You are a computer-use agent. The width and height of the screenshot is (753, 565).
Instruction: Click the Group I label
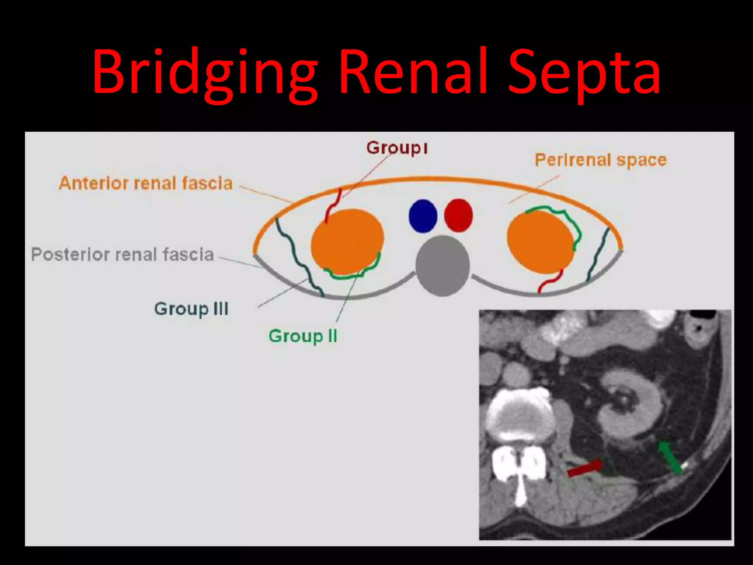point(397,148)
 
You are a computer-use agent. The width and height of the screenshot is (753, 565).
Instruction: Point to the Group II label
point(303,336)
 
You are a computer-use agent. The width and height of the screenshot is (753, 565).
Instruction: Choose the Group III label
point(191,309)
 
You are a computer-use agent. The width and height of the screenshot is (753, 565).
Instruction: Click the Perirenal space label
point(600,160)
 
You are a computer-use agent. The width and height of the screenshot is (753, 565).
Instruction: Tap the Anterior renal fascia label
point(146,183)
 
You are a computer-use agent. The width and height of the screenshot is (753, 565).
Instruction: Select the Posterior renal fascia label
point(122,255)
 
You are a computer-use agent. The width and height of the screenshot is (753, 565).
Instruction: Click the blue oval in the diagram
point(423,216)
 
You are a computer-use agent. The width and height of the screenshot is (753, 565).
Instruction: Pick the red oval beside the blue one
point(458,216)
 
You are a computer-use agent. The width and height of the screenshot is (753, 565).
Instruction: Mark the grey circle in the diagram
point(443,266)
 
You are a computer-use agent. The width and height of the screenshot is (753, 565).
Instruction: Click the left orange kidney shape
point(347,242)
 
